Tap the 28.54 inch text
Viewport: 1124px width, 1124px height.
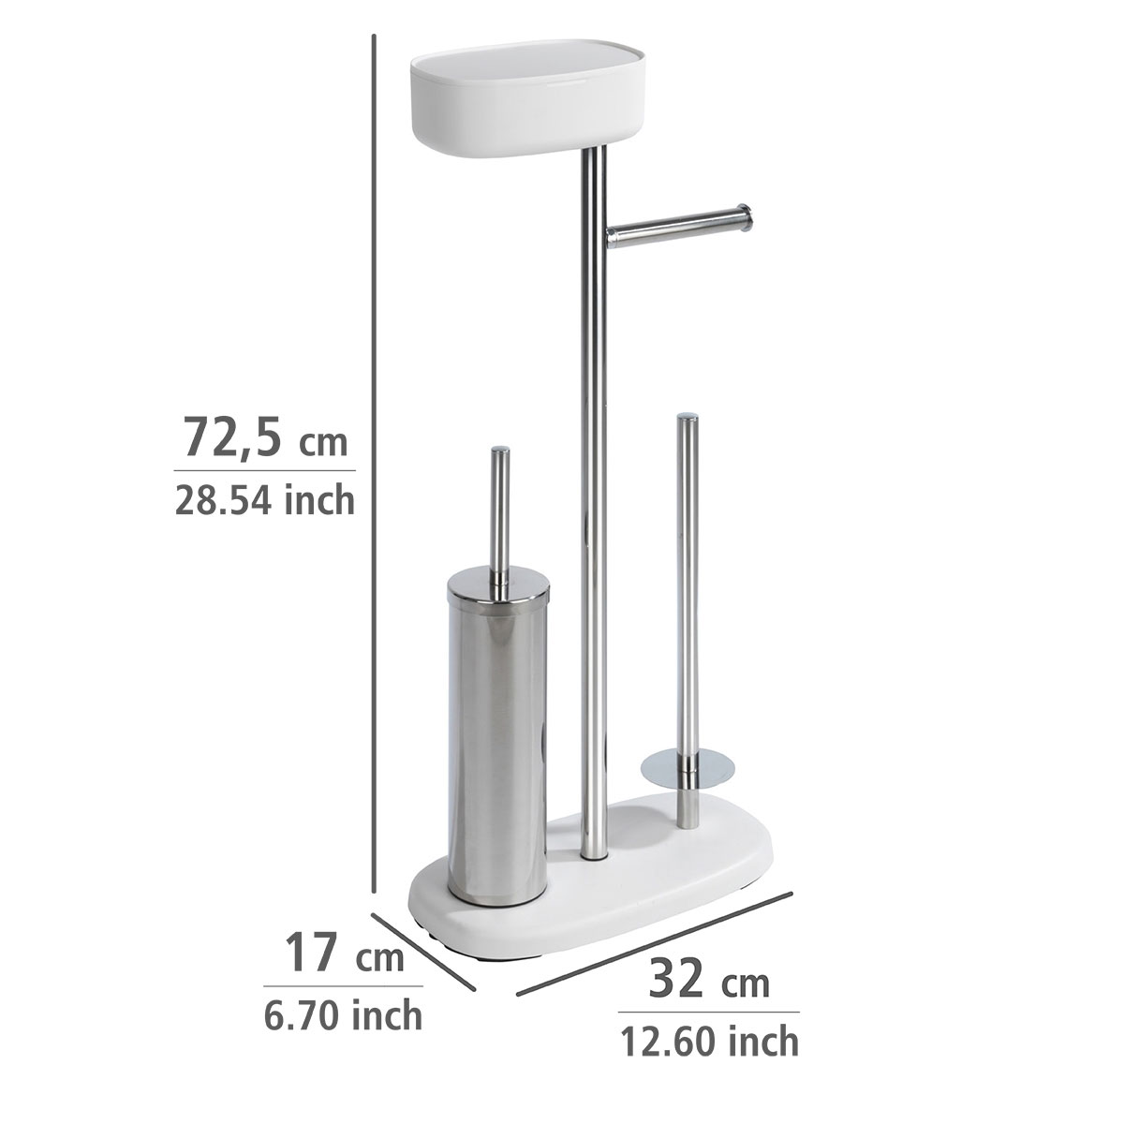coord(264,500)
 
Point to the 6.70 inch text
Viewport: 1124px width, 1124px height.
coord(343,1013)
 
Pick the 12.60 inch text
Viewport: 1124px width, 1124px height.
coord(708,1040)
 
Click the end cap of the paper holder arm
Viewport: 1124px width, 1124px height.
coord(744,217)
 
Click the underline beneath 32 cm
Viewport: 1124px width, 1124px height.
coord(708,1012)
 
